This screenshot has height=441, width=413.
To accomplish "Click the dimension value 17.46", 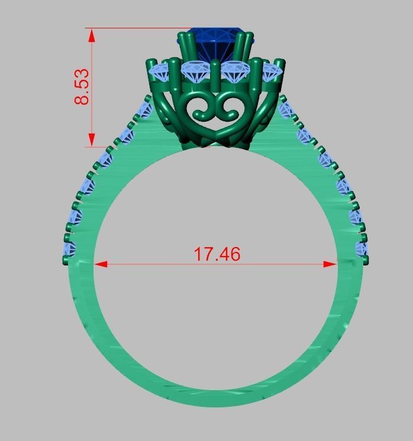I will (x=217, y=254).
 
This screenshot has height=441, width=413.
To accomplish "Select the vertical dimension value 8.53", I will (x=82, y=87).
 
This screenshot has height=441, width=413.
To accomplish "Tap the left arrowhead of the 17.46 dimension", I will (x=101, y=264).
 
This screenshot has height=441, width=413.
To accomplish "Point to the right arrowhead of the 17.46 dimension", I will (x=330, y=264).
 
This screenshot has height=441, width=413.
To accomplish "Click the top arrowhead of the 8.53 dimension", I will (x=92, y=35).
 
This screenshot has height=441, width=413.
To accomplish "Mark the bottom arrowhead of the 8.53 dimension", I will (x=92, y=140).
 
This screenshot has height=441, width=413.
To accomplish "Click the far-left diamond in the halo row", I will (x=161, y=72).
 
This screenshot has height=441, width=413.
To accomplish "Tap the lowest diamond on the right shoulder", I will (x=361, y=248).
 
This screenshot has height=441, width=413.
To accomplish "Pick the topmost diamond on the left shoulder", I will (x=144, y=109).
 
